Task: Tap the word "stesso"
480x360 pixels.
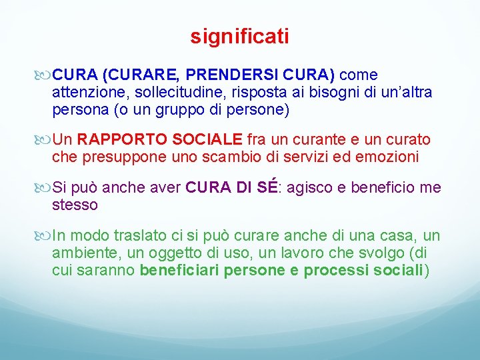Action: [75, 205]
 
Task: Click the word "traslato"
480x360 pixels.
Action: [140, 235]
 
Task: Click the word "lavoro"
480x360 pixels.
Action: [301, 253]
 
